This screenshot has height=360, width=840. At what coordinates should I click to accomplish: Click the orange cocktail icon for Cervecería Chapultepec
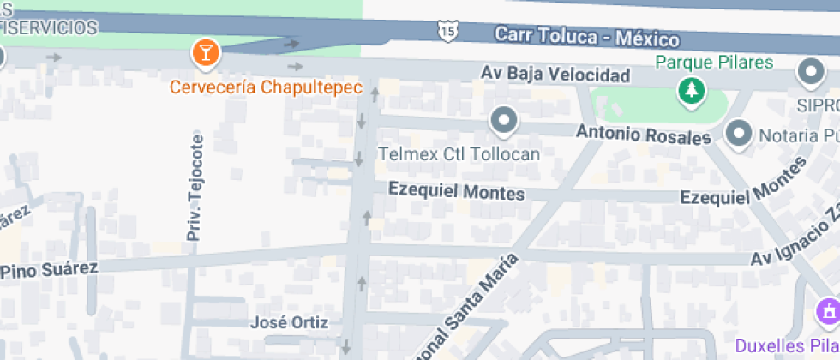[206, 53]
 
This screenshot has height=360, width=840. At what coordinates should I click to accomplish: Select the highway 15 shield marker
[447, 31]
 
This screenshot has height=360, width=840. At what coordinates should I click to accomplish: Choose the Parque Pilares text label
[715, 63]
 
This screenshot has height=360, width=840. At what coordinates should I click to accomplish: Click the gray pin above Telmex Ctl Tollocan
[504, 120]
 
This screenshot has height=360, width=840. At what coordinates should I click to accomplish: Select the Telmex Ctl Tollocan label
[459, 154]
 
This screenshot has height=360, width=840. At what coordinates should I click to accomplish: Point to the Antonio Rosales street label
[644, 135]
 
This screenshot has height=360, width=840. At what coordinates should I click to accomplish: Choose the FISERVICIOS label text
[49, 28]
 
